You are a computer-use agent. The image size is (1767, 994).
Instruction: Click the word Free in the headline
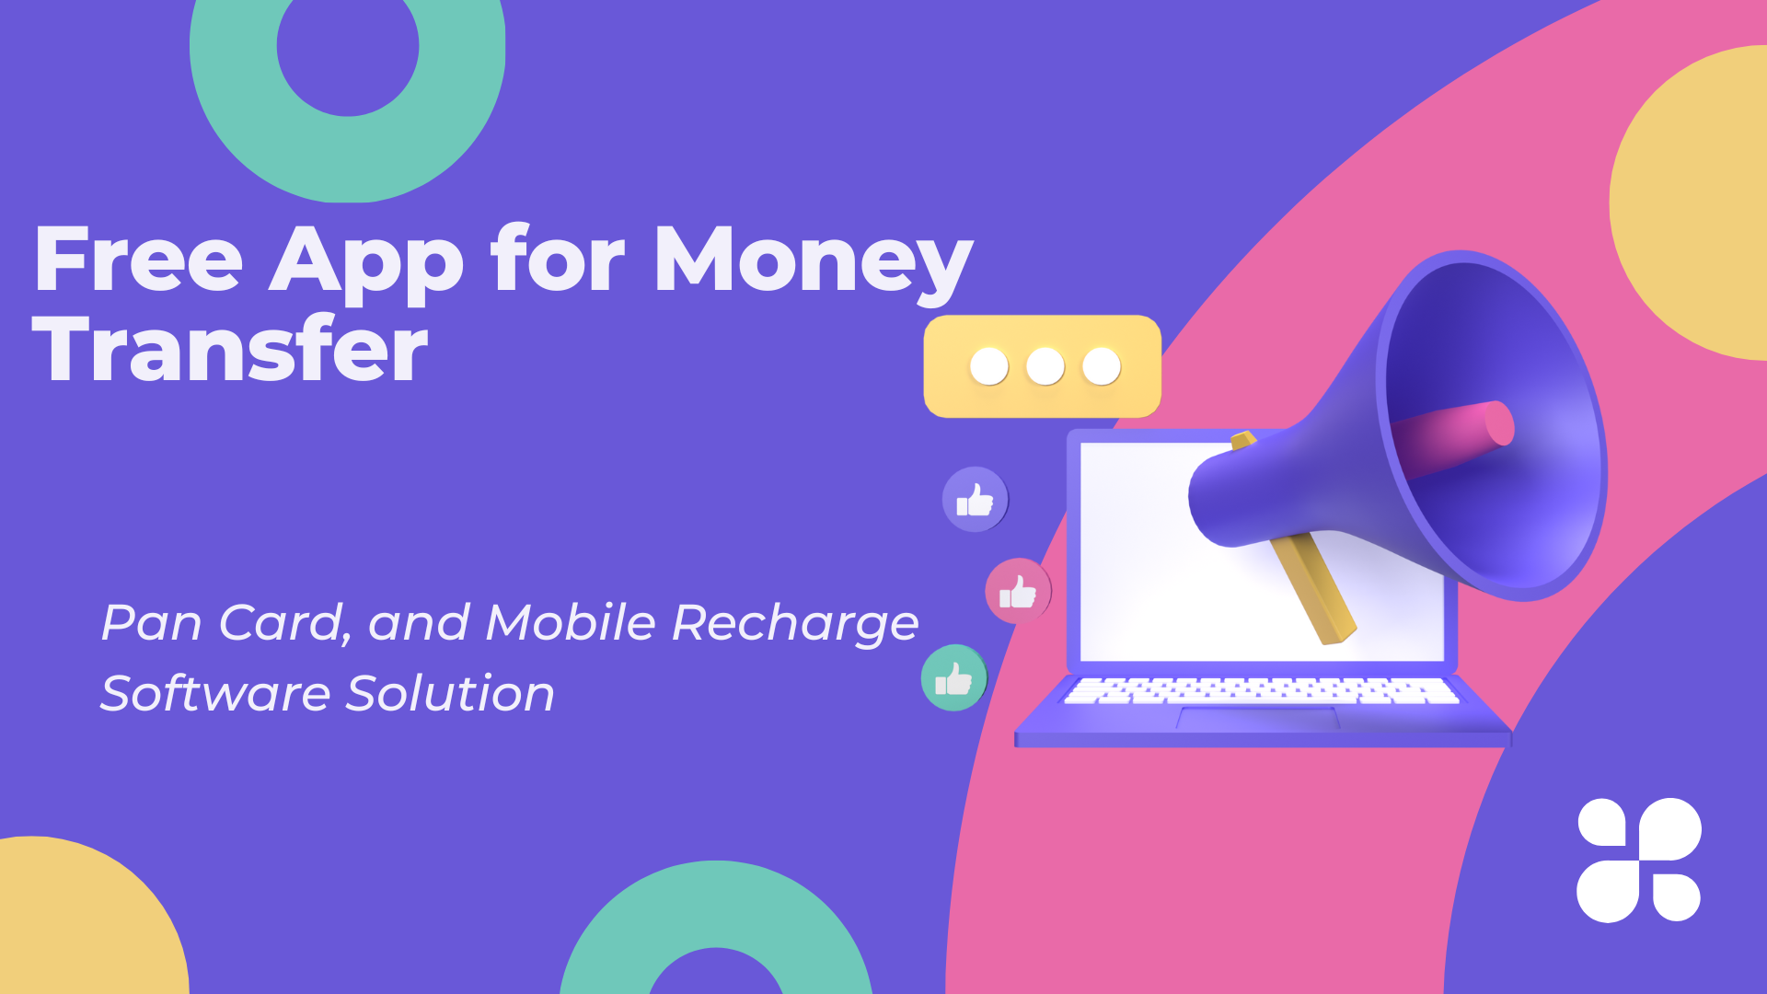[138, 260]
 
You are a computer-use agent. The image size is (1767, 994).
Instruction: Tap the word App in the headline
[366, 265]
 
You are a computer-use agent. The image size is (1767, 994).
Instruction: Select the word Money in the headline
[814, 265]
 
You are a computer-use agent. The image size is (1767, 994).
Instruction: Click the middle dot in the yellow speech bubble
[1045, 366]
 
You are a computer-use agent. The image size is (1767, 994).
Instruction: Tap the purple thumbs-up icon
[975, 500]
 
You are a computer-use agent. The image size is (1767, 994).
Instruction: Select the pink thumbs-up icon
[1018, 591]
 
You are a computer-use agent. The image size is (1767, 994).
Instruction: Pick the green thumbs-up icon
[953, 678]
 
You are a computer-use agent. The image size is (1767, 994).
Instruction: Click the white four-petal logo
[1639, 860]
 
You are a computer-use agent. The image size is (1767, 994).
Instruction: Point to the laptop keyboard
[1261, 691]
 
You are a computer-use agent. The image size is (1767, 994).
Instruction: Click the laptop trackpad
[1259, 719]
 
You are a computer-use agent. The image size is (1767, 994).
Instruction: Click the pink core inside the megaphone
[1454, 437]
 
